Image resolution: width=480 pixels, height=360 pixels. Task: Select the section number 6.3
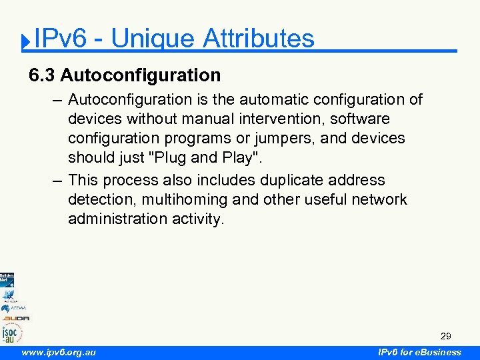point(42,75)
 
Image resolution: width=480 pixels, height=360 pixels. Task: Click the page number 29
point(445,337)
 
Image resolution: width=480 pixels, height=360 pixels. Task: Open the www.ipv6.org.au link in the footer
point(59,352)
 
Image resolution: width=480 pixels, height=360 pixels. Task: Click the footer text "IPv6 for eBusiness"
point(419,352)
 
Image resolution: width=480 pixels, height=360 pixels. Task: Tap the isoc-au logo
point(12,331)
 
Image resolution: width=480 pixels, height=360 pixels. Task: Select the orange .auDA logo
point(15,318)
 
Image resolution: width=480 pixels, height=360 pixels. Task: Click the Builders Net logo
point(7,279)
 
